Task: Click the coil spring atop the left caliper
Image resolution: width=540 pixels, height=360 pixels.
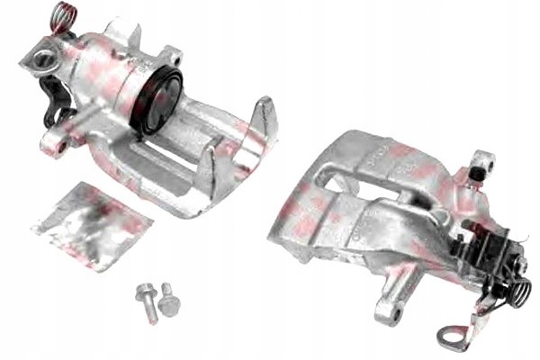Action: [x=60, y=16]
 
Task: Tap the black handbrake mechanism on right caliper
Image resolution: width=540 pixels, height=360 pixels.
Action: [x=486, y=247]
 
